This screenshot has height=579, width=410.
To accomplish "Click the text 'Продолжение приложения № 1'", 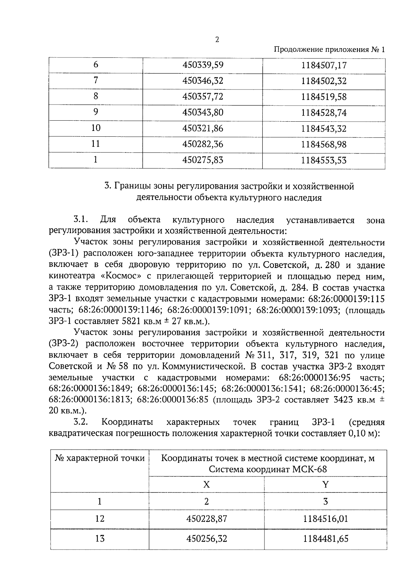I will [329, 50].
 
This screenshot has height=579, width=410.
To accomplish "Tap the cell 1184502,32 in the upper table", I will [324, 81].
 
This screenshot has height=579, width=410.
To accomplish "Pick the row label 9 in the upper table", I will [96, 112].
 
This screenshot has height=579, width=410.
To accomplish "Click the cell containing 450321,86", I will [203, 129].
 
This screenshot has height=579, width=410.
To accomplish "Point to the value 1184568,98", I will [324, 144].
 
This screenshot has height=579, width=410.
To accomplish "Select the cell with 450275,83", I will [203, 160].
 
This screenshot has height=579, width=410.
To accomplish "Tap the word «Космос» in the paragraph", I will [118, 277].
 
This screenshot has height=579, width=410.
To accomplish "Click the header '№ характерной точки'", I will [100, 458].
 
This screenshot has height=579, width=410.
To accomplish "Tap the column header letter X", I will [206, 484].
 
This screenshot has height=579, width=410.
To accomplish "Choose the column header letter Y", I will [325, 484].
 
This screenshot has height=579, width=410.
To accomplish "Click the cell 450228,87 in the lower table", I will [206, 519].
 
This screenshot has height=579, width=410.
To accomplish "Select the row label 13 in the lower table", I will [100, 539].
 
